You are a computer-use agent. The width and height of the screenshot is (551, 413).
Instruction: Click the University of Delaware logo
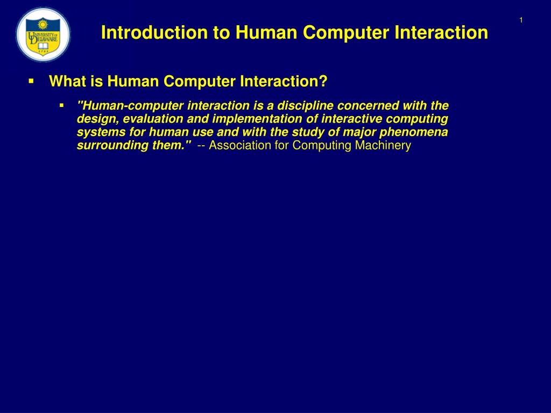(43, 35)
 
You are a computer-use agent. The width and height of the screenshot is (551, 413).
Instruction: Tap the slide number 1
(521, 20)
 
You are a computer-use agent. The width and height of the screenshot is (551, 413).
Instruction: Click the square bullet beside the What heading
(31, 81)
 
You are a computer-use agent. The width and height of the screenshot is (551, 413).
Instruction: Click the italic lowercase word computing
(420, 119)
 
